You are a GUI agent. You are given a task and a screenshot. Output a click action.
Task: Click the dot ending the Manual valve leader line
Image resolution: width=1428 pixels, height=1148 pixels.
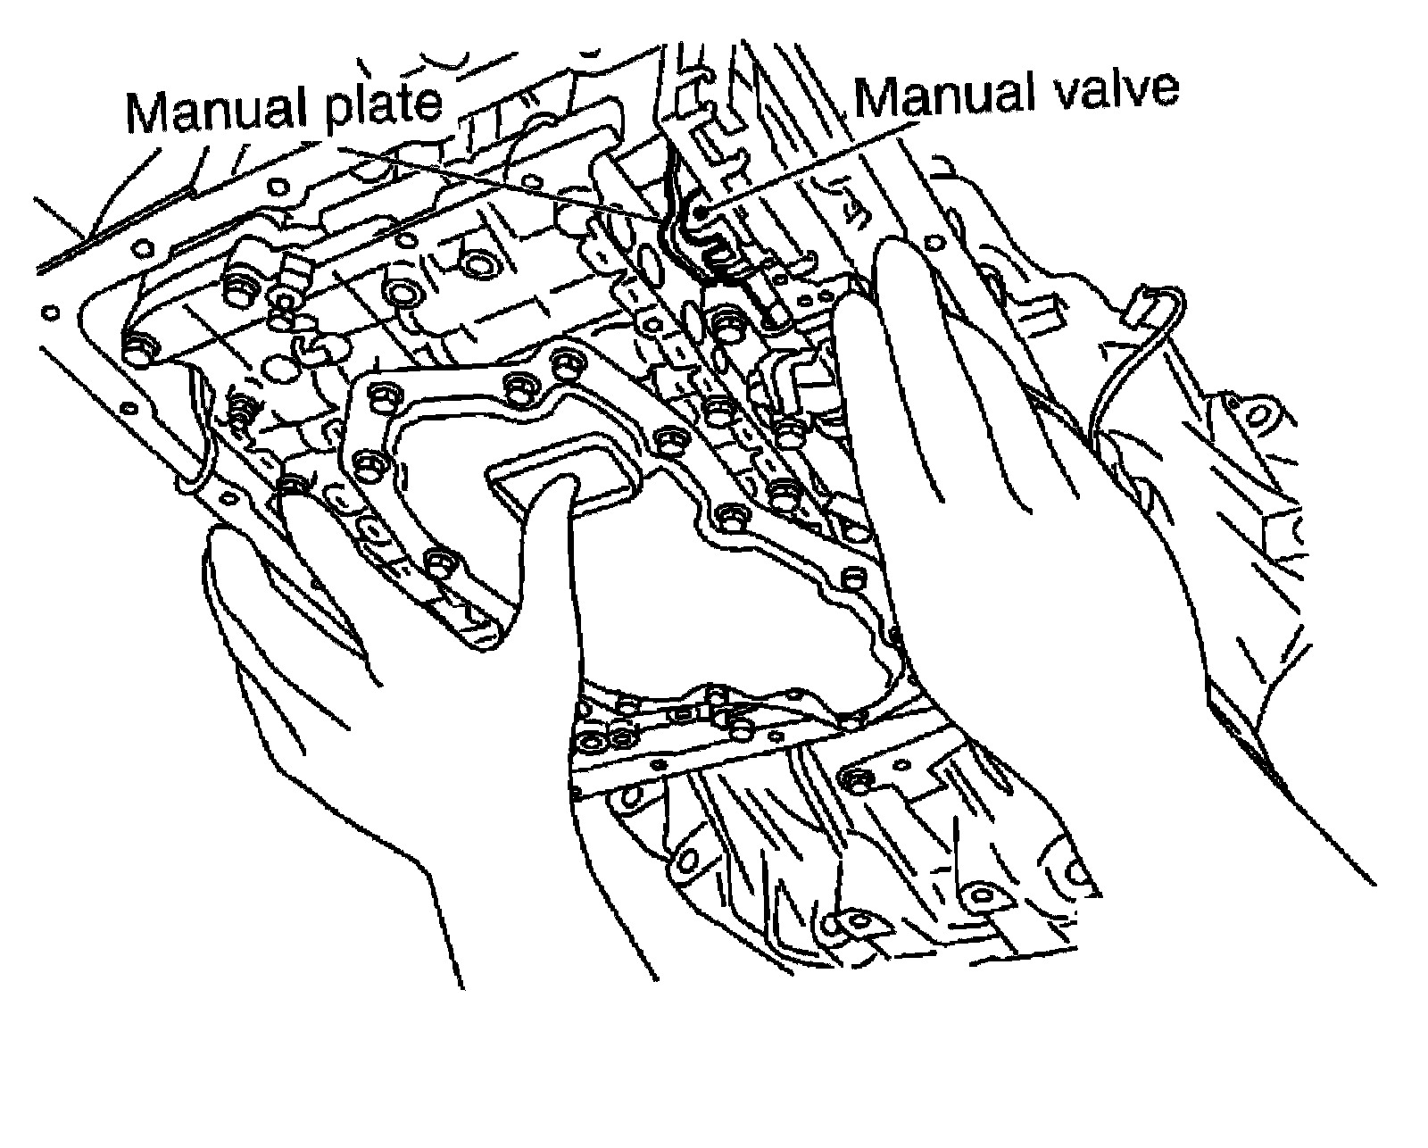pos(701,211)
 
